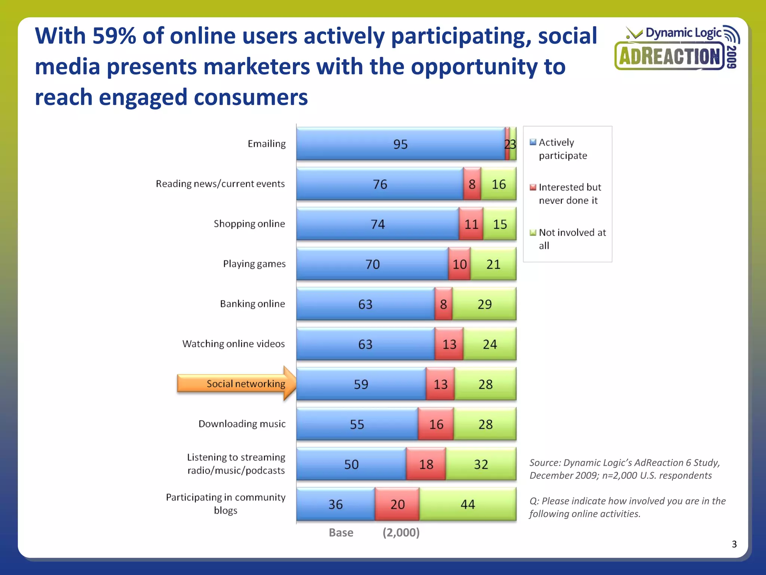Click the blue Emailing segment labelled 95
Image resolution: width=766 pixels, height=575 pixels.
pyautogui.click(x=400, y=144)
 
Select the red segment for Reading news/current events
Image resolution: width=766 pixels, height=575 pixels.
pyautogui.click(x=472, y=184)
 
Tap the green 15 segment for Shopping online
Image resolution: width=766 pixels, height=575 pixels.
pyautogui.click(x=500, y=224)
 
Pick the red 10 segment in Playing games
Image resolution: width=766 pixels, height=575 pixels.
pyautogui.click(x=459, y=264)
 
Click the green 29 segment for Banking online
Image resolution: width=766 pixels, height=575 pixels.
pyautogui.click(x=484, y=304)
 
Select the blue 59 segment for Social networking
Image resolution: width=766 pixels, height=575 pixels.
pyautogui.click(x=361, y=384)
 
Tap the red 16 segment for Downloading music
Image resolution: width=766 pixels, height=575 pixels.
pyautogui.click(x=436, y=425)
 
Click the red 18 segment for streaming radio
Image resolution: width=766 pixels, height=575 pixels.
pyautogui.click(x=426, y=465)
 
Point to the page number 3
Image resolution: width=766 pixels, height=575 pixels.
pyautogui.click(x=734, y=544)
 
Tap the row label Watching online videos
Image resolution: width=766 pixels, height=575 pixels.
pyautogui.click(x=233, y=344)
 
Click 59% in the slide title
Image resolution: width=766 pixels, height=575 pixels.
pyautogui.click(x=114, y=36)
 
